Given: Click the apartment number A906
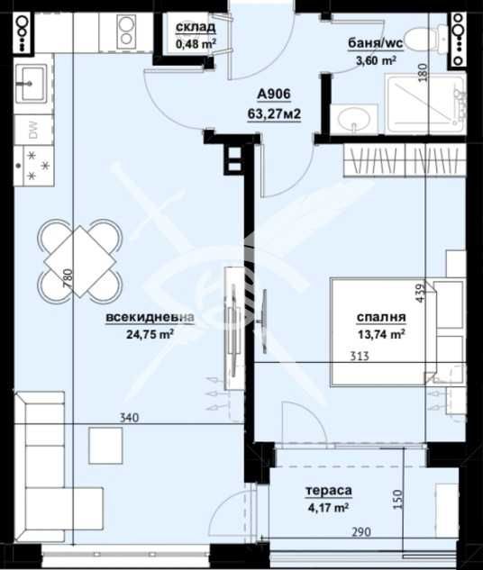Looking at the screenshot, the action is [x=274, y=95].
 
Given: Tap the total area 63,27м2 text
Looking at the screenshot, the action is [x=274, y=113].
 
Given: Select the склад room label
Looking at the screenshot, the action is [x=196, y=27].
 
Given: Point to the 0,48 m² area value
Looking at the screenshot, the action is [x=196, y=44].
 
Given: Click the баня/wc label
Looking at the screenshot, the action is [x=376, y=43].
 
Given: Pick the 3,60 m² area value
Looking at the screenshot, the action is [x=376, y=60].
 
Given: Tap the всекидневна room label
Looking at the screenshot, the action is [x=150, y=317].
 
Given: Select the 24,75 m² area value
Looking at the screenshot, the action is [x=150, y=334].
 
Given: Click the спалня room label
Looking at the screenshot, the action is [x=381, y=317].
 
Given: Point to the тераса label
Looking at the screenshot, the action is [x=329, y=491].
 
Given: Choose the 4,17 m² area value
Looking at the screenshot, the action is [x=328, y=507].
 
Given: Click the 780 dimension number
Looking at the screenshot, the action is [x=68, y=279].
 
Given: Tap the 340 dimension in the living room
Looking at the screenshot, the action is [x=130, y=418].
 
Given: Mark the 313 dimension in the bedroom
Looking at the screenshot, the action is [x=360, y=356].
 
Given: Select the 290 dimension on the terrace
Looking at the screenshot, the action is [x=361, y=532].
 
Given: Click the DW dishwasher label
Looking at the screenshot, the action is [x=33, y=131].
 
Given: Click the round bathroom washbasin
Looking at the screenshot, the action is [x=354, y=119].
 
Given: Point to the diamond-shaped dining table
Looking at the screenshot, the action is [x=79, y=261].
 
